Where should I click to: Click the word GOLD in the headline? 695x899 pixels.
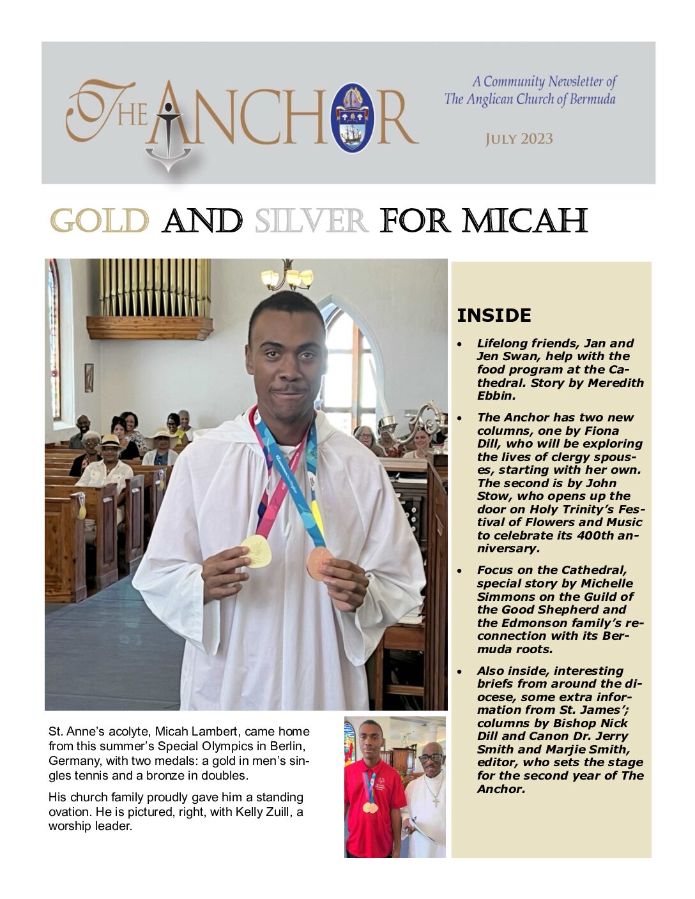[99, 222]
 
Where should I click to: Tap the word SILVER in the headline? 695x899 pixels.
[310, 222]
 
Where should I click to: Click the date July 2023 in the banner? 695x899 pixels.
[519, 139]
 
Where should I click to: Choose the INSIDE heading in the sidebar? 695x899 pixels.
[494, 315]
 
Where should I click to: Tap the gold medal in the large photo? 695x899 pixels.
[256, 551]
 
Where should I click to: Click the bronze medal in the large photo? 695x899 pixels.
[319, 563]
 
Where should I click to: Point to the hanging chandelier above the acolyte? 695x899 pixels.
[287, 276]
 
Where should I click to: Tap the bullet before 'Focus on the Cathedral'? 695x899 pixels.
[460, 570]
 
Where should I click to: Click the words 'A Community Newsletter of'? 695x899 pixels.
[544, 82]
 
